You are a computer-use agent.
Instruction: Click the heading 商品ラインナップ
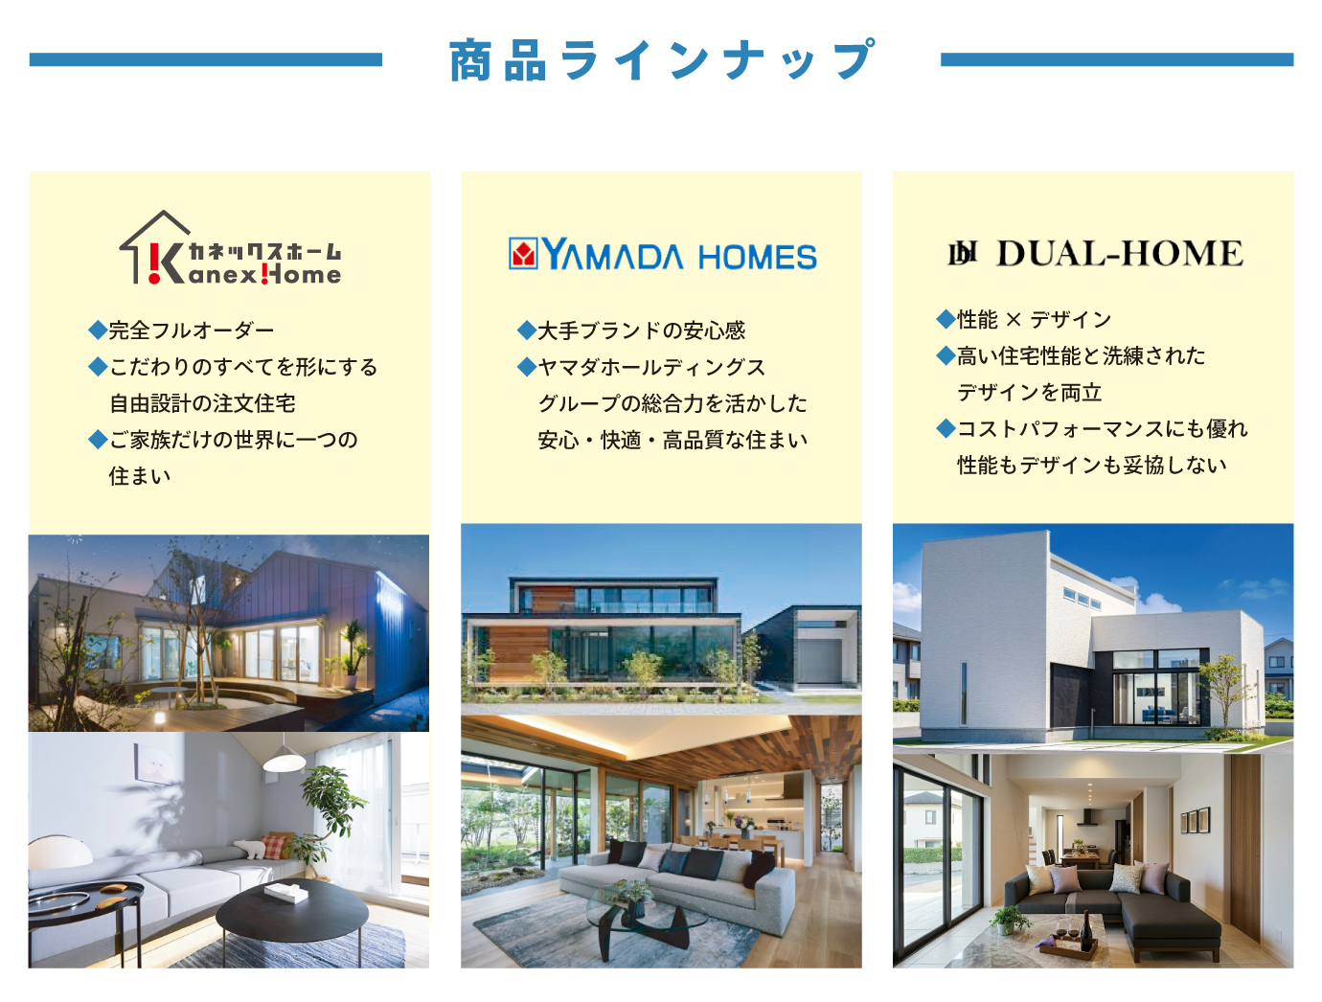pos(661,59)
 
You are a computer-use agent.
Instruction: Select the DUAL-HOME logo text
pos(1119,254)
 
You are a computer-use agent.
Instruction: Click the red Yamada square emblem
pos(523,254)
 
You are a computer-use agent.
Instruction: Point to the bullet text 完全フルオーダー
pos(192,330)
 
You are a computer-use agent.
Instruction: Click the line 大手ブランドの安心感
pos(641,330)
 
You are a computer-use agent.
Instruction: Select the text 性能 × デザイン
pos(1034,319)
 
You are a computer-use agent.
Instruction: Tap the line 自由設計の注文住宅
pos(202,403)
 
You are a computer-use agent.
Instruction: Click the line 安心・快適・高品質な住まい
pos(672,440)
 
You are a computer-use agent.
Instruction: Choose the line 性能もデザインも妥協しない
pos(1092,465)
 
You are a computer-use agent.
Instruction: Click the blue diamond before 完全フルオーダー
pos(97,330)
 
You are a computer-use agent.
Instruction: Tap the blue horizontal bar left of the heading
pos(205,59)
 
